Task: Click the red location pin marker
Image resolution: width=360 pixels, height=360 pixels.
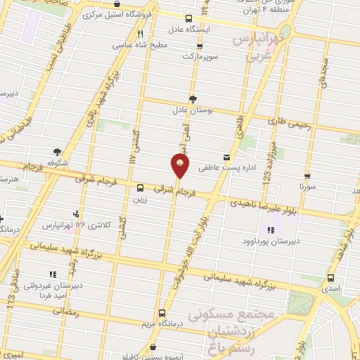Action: coord(180,165)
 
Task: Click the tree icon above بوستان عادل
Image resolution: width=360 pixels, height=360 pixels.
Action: coord(193,99)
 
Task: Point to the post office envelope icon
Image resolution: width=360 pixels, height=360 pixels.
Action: coord(226,157)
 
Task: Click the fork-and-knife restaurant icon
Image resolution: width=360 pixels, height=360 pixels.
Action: coord(141,33)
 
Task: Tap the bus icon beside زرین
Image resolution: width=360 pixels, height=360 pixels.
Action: coord(140,188)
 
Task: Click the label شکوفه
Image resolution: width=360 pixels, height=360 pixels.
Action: coord(56,162)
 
